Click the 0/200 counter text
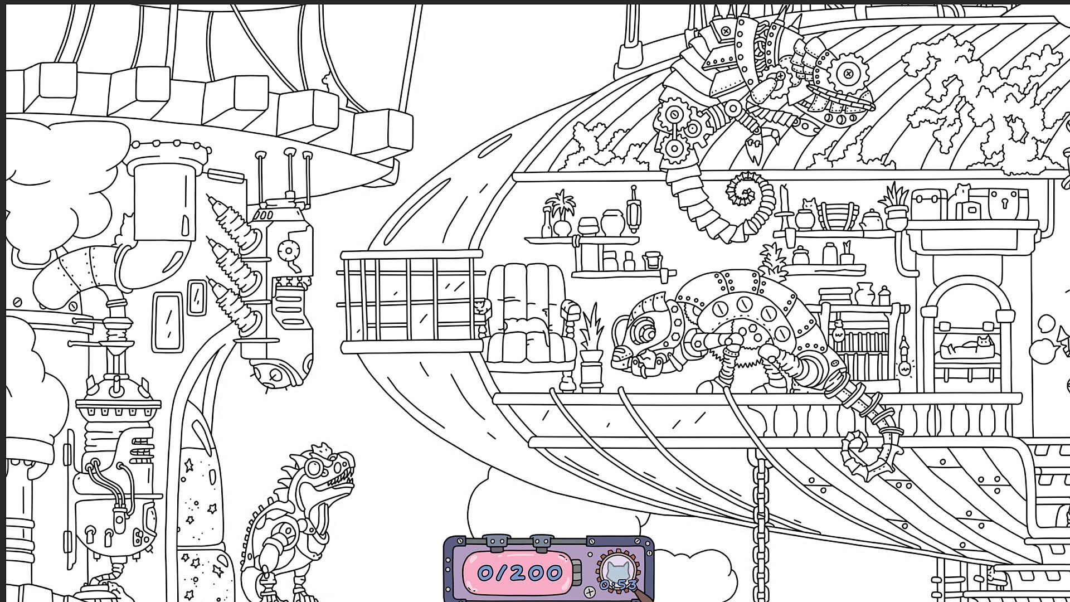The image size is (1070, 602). [519, 573]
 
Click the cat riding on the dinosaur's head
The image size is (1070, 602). [322, 449]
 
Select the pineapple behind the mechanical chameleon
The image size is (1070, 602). [772, 262]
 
